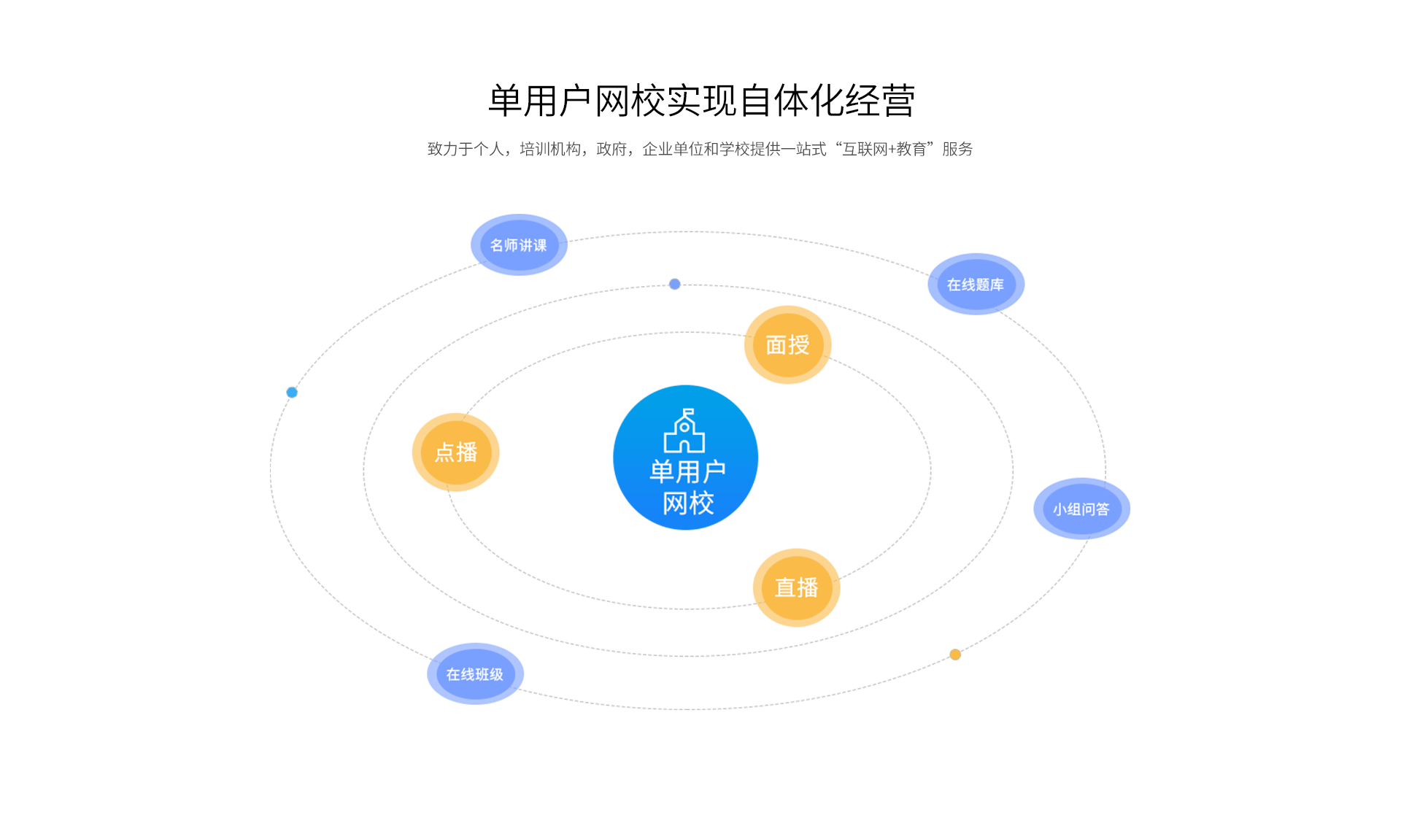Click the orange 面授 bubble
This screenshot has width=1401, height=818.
(787, 344)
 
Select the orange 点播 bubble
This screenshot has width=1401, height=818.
(456, 452)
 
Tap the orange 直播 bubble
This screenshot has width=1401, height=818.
(796, 587)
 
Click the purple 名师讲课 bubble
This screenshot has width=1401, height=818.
(518, 245)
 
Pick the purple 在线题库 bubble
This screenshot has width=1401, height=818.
(976, 285)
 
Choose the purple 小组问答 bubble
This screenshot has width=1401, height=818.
(1081, 509)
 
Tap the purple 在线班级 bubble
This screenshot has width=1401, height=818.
(475, 674)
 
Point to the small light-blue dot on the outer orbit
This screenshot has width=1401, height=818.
(292, 393)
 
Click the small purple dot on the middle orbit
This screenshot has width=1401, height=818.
(675, 284)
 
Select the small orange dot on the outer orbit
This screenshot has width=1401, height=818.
(955, 655)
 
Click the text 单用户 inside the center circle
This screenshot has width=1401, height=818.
(687, 471)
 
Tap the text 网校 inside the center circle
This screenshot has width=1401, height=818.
(687, 503)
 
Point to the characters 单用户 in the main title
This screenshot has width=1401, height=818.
(539, 101)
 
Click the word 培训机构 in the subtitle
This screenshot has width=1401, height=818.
(550, 150)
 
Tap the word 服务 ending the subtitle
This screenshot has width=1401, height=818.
(957, 150)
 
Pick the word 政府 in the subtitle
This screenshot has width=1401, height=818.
(611, 150)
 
